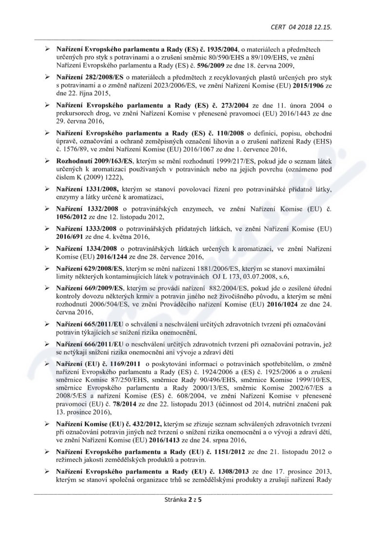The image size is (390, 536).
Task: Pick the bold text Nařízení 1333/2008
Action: (x=86, y=228)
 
